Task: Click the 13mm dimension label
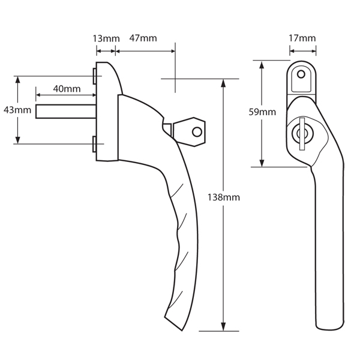click(x=106, y=38)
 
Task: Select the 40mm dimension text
click(x=67, y=89)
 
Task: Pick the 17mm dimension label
click(x=302, y=38)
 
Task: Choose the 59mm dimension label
click(x=262, y=112)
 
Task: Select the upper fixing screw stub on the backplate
click(x=95, y=76)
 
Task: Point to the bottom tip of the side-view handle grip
click(x=178, y=328)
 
